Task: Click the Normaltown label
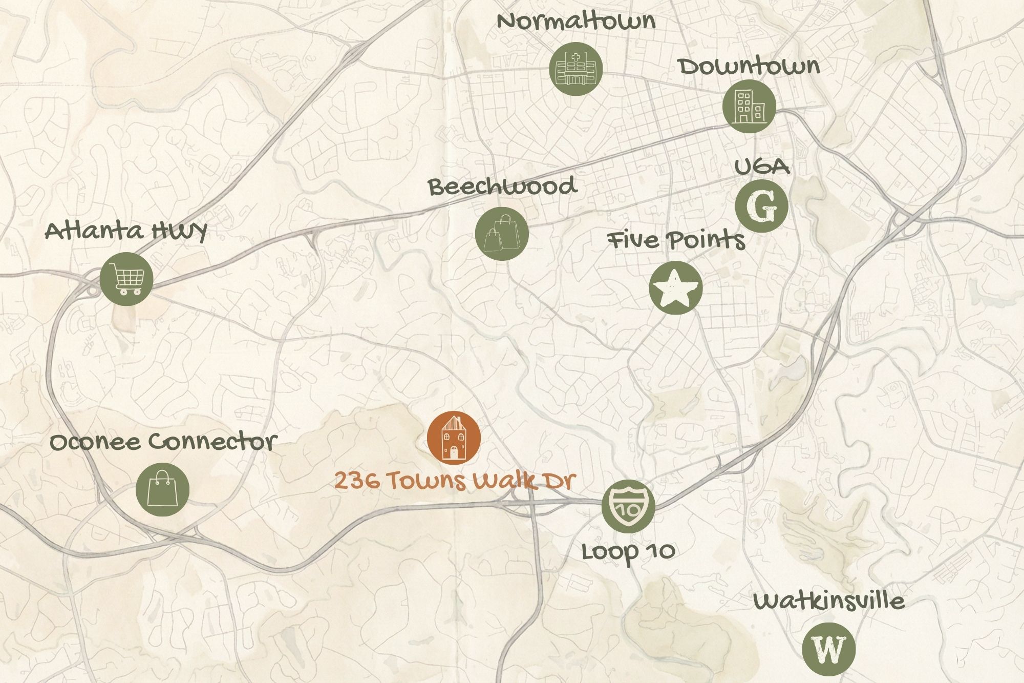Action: click(x=576, y=21)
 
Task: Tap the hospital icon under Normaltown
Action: click(x=575, y=69)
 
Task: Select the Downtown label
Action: click(x=749, y=67)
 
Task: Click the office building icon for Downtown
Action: click(x=749, y=107)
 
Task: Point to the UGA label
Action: click(x=762, y=167)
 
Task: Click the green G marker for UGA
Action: click(x=761, y=206)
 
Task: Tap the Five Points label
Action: click(x=676, y=240)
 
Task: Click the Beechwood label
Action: click(x=503, y=187)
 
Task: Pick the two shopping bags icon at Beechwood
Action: click(x=502, y=234)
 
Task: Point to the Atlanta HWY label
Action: click(x=126, y=231)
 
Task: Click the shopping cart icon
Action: click(x=126, y=279)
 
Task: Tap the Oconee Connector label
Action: click(x=163, y=442)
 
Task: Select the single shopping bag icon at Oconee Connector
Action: click(x=162, y=489)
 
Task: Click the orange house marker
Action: click(x=454, y=438)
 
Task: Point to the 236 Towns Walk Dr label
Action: click(x=455, y=481)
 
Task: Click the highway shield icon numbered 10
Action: click(x=628, y=506)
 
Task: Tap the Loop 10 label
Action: click(x=628, y=551)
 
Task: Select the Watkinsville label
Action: click(x=828, y=601)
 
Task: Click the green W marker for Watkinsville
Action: click(x=828, y=649)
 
